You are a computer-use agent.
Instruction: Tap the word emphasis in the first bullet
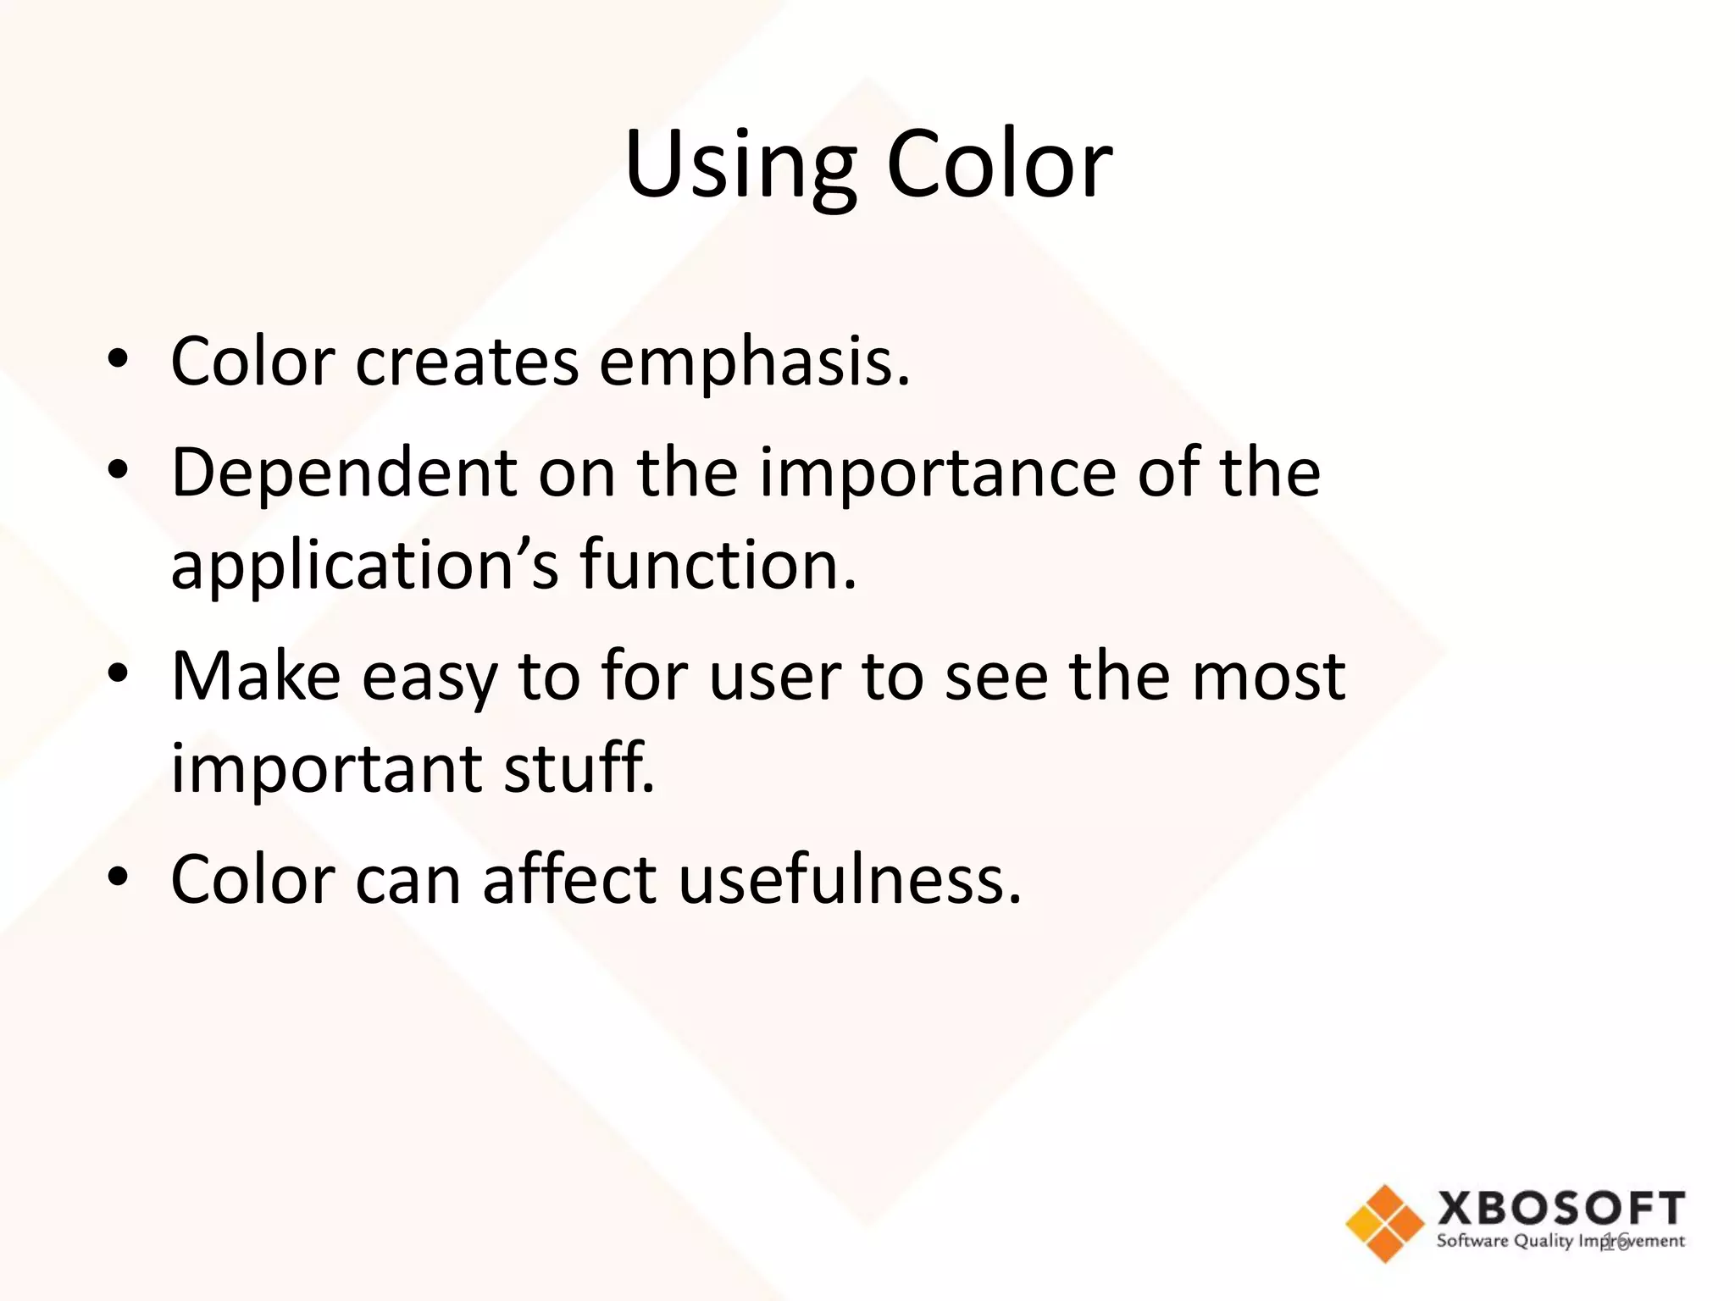click(754, 363)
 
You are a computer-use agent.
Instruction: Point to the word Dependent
click(344, 473)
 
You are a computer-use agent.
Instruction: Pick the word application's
click(364, 566)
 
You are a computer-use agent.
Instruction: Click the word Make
click(256, 676)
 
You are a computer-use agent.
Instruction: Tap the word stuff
click(579, 767)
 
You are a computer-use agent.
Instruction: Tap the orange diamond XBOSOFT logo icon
click(1384, 1222)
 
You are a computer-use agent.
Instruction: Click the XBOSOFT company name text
click(1560, 1208)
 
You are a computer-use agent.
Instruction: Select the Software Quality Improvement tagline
click(1560, 1241)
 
